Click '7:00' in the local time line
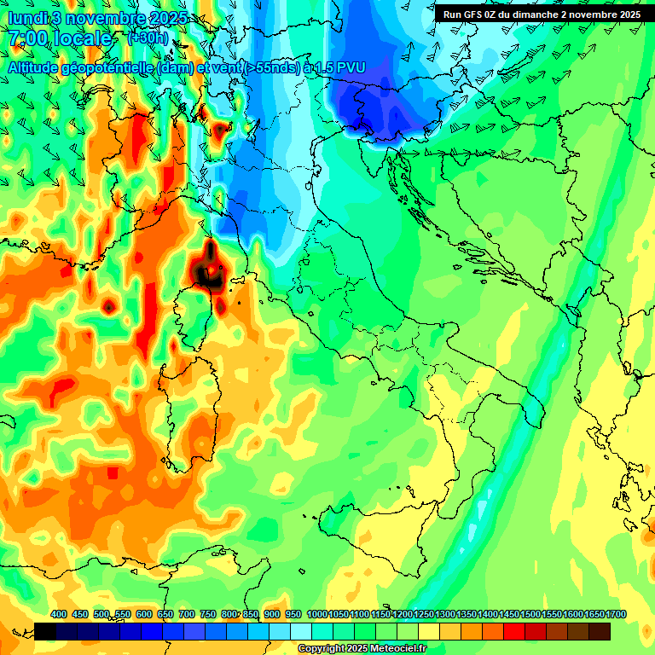pos(27,38)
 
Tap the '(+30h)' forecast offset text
pos(147,38)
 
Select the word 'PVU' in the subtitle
pos(350,67)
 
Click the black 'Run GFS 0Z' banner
pos(542,14)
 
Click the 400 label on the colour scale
pos(59,614)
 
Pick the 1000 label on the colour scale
pos(316,614)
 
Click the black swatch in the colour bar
pos(45,631)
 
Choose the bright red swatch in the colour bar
pos(514,631)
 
